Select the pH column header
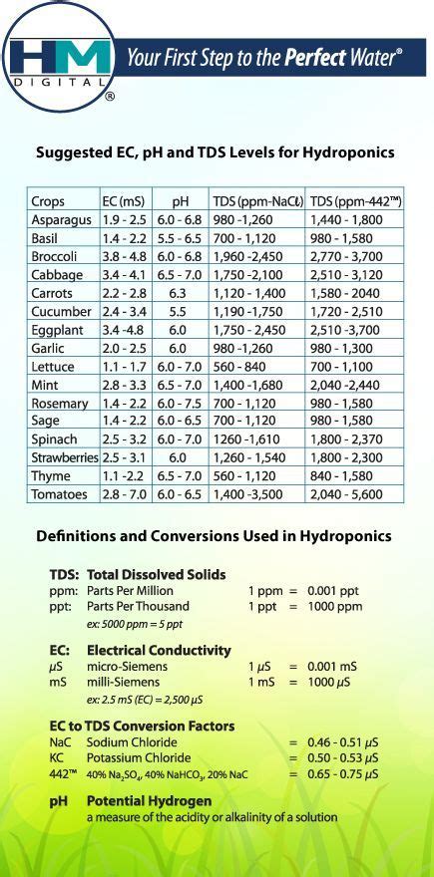coord(180,201)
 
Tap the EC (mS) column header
coord(123,201)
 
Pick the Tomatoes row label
coord(61,494)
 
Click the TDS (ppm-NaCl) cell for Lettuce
coord(246,366)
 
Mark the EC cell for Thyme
coord(123,476)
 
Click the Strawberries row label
coord(65,457)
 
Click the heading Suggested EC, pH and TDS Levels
coord(215,153)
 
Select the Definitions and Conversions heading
coord(214,536)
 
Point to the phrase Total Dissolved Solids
coord(156,575)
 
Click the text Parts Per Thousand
coord(138,606)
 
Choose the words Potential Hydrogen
coord(149,800)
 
